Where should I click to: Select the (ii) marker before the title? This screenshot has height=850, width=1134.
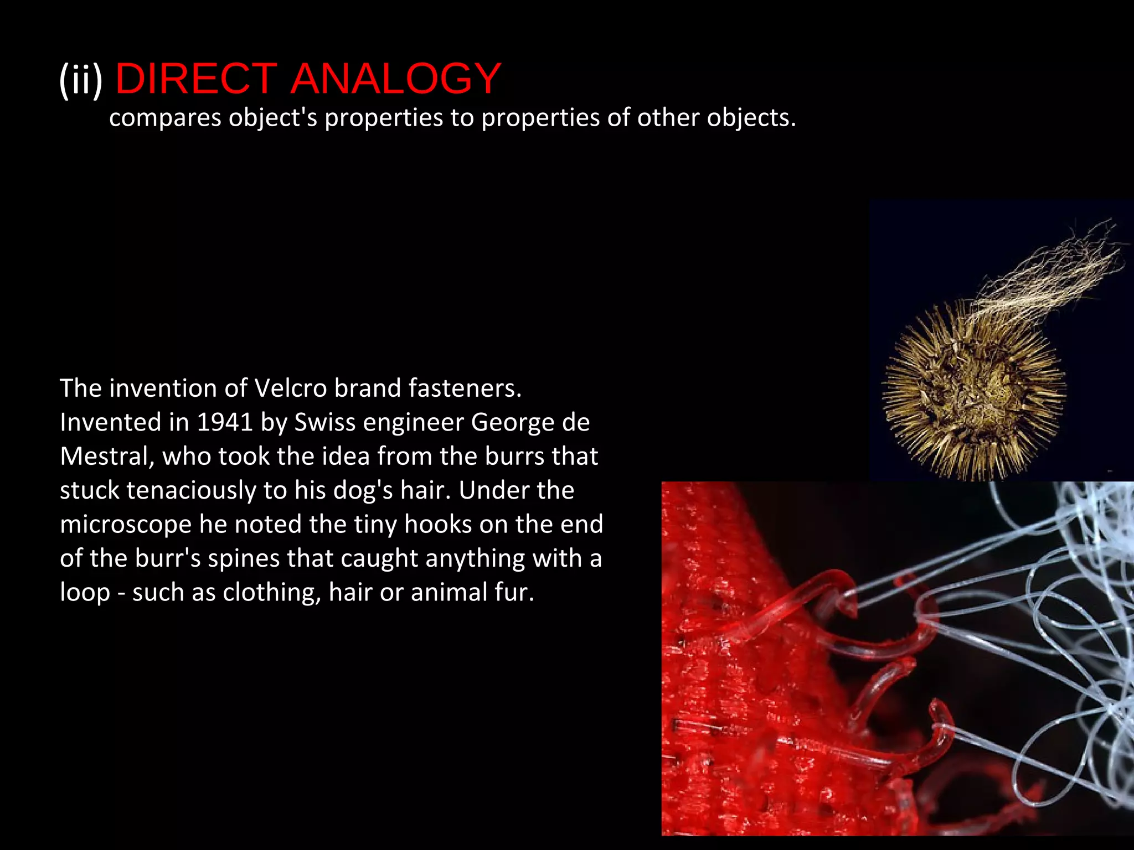pos(81,79)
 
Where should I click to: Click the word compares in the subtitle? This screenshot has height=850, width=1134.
pos(165,118)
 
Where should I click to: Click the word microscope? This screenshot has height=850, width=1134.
pos(126,525)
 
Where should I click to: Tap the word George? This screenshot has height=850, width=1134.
pos(512,422)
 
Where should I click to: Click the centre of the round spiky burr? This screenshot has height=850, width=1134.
pos(973,387)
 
